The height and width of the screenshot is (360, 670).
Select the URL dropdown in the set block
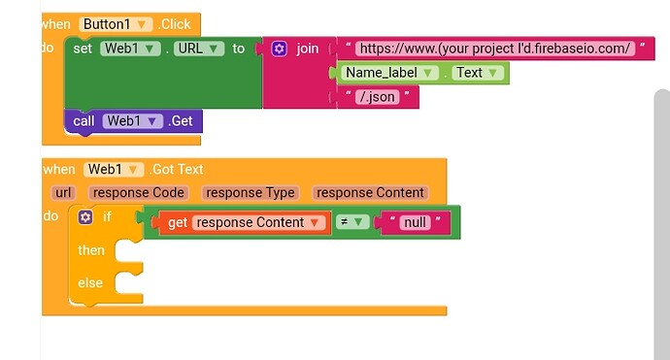[x=201, y=48]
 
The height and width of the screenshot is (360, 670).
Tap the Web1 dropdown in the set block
[x=131, y=48]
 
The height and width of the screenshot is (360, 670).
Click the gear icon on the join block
[x=280, y=48]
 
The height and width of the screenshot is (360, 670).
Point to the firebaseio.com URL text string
[x=494, y=49]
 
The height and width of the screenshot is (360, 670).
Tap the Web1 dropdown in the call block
[x=132, y=121]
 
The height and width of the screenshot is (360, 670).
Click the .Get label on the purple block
[x=182, y=121]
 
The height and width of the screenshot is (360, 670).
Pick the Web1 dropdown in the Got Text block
[x=114, y=169]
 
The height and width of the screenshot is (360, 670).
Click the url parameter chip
[x=64, y=192]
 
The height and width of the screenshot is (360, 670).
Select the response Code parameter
[x=140, y=192]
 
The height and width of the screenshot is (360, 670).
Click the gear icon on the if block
[x=85, y=217]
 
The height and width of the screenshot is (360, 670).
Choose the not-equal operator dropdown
[x=351, y=222]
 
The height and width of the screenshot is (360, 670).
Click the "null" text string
[x=416, y=222]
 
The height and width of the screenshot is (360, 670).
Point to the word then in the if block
[x=91, y=250]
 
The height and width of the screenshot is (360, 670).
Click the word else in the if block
[x=90, y=282]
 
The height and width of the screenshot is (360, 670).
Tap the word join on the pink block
[x=307, y=48]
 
